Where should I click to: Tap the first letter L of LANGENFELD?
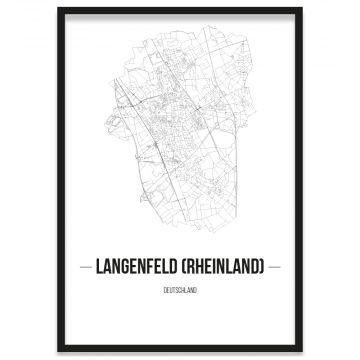(x=98, y=267)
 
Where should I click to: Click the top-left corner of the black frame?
(x=59, y=9)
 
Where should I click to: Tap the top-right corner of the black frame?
(x=301, y=9)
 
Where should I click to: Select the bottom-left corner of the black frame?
(x=59, y=351)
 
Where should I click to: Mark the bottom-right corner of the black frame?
(x=301, y=351)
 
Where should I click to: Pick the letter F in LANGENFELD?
(x=152, y=267)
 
